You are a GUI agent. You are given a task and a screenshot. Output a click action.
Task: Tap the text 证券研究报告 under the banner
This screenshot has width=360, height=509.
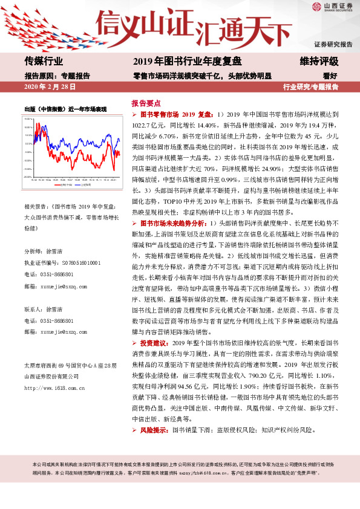[333, 45]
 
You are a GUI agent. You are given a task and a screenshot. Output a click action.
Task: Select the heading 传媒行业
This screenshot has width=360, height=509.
[44, 61]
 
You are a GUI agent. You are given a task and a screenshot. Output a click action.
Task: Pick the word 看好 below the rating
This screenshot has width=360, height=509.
[330, 76]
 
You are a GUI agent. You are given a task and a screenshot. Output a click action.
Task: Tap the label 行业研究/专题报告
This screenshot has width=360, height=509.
[310, 87]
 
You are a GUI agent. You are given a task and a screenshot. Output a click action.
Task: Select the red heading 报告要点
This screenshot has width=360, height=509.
[146, 103]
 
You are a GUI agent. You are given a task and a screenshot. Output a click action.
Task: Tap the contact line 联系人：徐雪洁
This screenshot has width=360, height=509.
[46, 308]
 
